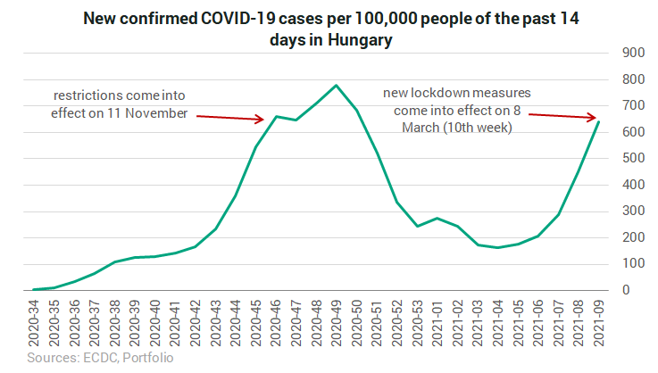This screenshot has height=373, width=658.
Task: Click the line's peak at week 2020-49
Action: [336, 86]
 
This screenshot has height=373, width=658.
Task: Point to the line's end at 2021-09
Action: [596, 122]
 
